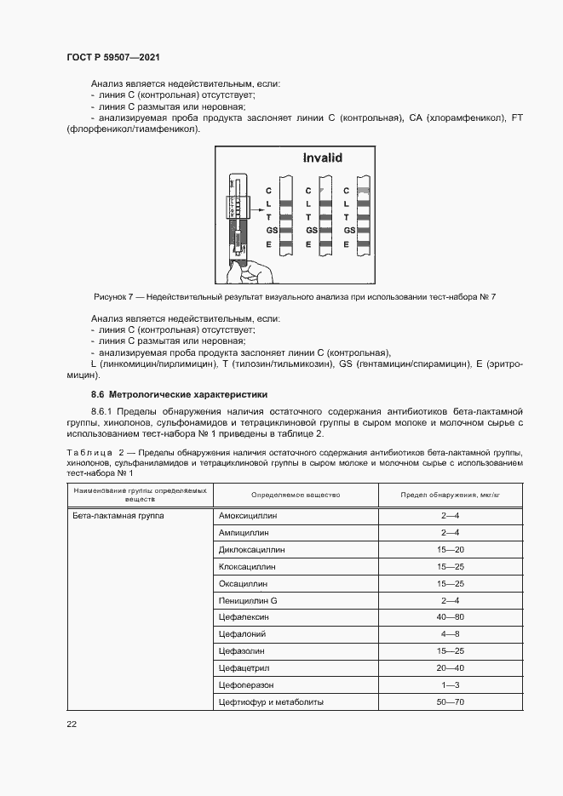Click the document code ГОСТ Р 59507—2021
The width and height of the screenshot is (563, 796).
coord(113,57)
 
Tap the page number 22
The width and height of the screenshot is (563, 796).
coord(71,724)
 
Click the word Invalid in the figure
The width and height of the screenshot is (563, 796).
coord(323,157)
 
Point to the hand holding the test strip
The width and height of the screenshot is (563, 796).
coord(248,271)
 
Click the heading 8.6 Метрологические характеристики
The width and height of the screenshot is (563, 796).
coord(179,394)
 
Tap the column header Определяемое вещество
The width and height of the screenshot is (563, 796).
coord(295,495)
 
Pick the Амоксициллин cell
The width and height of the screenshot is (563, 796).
coord(249,516)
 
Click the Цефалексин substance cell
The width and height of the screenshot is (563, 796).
coord(244,617)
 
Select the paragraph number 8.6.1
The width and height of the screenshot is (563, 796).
coord(104,411)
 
